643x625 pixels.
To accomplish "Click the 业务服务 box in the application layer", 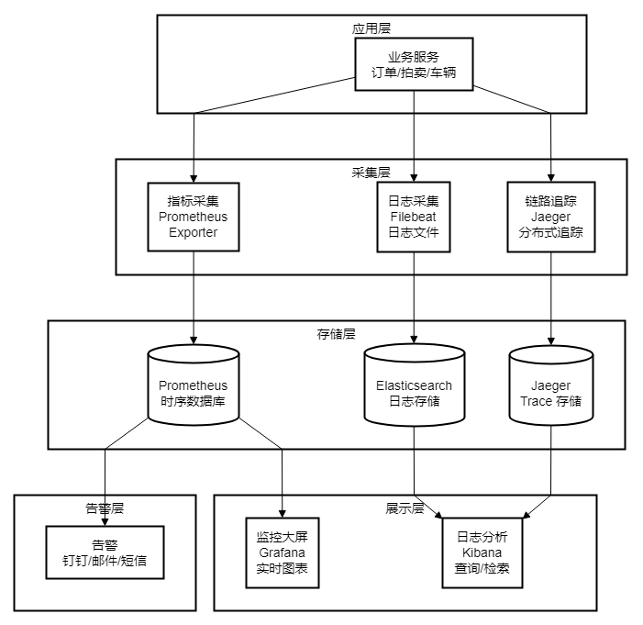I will point(414,64).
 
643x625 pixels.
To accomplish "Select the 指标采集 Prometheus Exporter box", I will point(193,217).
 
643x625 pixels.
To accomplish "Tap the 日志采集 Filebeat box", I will point(414,217).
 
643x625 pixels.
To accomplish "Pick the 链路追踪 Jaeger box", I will point(550,217).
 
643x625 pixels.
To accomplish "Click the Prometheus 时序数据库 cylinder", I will point(193,386).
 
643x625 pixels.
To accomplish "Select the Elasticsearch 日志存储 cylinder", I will point(414,386).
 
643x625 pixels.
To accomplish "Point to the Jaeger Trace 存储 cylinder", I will point(550,386).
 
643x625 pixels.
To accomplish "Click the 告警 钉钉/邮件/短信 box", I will point(105,552).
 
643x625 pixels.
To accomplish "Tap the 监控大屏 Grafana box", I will point(283,553).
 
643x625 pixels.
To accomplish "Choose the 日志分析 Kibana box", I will point(488,553).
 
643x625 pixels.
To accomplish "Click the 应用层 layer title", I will point(371,28).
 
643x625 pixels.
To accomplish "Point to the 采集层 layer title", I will point(371,173).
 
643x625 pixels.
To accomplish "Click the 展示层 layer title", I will point(405,508).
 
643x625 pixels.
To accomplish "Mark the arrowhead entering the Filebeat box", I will point(414,176).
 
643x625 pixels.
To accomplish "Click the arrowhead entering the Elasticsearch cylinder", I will point(414,340).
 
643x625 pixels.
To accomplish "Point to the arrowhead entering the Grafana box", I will point(283,512).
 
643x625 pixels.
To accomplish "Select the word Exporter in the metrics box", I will point(193,232).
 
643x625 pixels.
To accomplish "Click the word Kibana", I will point(488,553).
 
